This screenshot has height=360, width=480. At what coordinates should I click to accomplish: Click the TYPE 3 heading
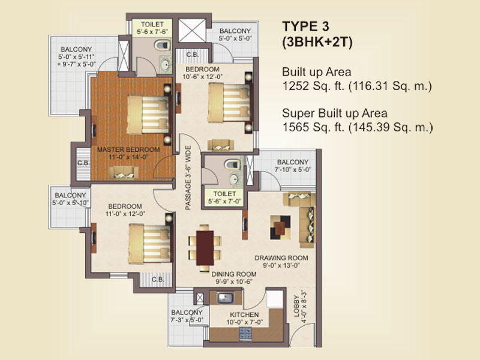tap(305, 26)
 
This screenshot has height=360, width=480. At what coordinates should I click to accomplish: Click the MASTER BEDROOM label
tap(128, 149)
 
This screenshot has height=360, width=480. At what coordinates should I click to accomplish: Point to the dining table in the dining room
tap(205, 248)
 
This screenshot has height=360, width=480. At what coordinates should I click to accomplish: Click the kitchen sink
tap(226, 298)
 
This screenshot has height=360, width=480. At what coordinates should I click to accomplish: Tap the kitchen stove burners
tap(245, 334)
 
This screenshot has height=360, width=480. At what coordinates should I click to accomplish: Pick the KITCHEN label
tap(244, 314)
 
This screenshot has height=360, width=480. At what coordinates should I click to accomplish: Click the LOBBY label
tap(296, 306)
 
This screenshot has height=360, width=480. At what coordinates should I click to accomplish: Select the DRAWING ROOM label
tap(281, 258)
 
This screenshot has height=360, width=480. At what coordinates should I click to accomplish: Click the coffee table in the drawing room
tap(280, 227)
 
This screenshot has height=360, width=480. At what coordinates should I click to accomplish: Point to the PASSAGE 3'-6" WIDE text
tap(188, 178)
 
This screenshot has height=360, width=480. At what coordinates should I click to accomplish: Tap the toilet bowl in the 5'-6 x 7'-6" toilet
tap(163, 46)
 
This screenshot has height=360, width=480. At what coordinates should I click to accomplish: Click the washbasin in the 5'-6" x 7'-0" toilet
tap(234, 179)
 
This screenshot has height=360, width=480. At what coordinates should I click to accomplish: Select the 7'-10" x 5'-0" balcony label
tap(293, 166)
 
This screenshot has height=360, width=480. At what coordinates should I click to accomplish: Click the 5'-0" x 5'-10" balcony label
tap(70, 199)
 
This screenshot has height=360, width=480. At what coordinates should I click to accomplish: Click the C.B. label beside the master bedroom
tap(83, 163)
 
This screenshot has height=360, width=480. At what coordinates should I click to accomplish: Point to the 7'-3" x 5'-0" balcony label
tap(187, 316)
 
